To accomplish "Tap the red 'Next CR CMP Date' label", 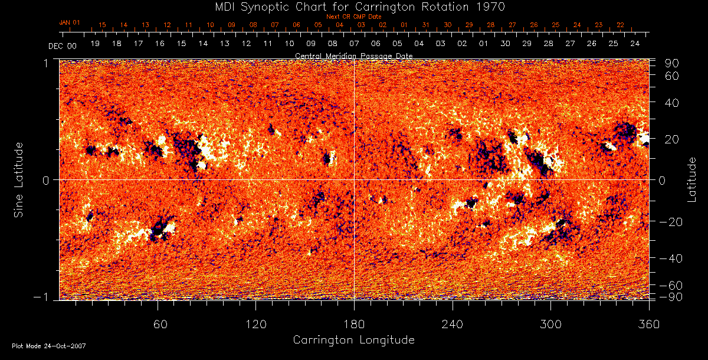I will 353,17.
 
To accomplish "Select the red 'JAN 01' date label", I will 70,22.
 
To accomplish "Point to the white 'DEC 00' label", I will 63,45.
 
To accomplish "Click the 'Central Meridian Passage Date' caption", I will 353,55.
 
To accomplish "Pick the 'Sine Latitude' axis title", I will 19,179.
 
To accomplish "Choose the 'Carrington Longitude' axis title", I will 353,340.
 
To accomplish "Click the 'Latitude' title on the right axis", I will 693,179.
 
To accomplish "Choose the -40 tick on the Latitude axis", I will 671,258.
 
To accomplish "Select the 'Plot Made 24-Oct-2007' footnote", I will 49,346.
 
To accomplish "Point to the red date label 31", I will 426,25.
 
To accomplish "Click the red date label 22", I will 620,25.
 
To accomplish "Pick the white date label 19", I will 95,44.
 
